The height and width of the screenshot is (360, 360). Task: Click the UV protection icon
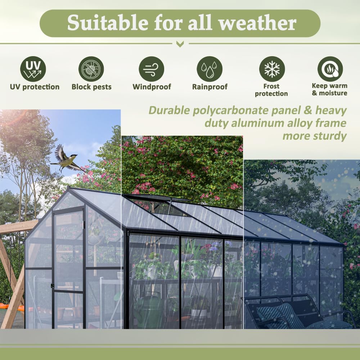point(33,69)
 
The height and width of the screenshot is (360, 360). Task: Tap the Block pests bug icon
point(91,69)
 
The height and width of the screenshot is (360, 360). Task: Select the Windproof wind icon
point(151,69)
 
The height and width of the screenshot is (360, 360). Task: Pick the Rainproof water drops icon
point(210,69)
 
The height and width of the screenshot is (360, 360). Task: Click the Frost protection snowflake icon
point(272,69)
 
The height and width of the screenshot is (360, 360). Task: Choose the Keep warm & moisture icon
point(330,69)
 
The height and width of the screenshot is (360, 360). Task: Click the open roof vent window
point(158,207)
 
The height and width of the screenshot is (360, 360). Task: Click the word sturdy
point(329,136)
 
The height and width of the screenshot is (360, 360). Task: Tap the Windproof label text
point(152,87)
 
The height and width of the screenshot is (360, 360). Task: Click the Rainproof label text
point(210,87)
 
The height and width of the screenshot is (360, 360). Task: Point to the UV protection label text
point(35,87)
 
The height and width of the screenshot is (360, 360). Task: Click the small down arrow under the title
point(180,44)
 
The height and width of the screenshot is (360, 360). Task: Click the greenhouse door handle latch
point(53,286)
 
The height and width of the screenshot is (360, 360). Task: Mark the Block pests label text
point(91,87)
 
